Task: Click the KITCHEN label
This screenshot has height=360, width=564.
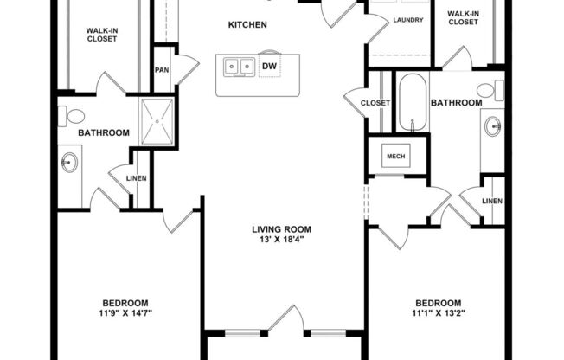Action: point(247,25)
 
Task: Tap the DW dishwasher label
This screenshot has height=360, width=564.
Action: point(269,66)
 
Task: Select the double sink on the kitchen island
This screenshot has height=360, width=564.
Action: point(237,67)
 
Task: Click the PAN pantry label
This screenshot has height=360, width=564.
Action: point(162,71)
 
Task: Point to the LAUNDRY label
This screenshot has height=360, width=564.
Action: point(407,19)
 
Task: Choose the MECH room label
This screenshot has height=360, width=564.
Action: point(396,156)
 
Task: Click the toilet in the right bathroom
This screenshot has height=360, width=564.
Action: point(486,89)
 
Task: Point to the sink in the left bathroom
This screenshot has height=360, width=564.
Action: point(70,162)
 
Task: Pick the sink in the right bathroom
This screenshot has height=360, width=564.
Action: point(493,126)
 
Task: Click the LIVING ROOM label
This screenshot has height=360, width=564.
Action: point(281,229)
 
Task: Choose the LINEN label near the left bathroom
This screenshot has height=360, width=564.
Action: point(137,179)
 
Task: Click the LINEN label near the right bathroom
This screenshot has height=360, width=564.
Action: point(492,201)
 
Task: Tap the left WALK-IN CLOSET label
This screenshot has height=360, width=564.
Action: point(102,35)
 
